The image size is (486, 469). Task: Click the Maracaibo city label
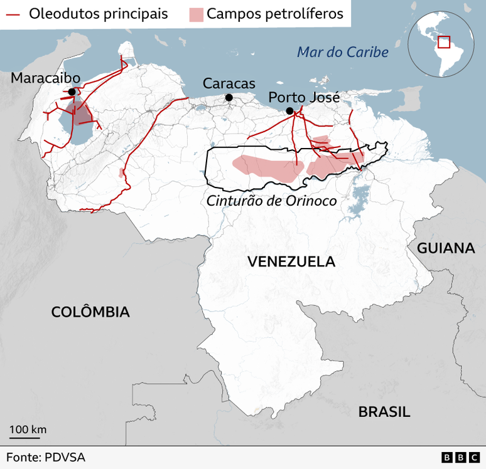pyautogui.click(x=45, y=78)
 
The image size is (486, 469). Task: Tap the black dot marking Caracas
pyautogui.click(x=229, y=97)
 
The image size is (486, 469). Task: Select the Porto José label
pyautogui.click(x=304, y=97)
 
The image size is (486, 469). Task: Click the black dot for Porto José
pyautogui.click(x=289, y=111)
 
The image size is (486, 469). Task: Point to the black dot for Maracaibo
pyautogui.click(x=72, y=92)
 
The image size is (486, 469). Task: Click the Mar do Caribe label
pyautogui.click(x=343, y=51)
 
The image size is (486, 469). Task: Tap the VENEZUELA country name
pyautogui.click(x=291, y=261)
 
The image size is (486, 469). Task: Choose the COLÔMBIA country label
pyautogui.click(x=90, y=312)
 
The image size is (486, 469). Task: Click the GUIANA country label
pyautogui.click(x=446, y=248)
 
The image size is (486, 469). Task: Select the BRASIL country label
pyautogui.click(x=384, y=412)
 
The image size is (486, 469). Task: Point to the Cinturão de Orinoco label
pyautogui.click(x=271, y=201)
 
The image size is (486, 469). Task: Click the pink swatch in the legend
pyautogui.click(x=197, y=14)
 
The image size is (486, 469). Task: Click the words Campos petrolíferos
pyautogui.click(x=275, y=14)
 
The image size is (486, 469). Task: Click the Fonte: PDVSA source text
pyautogui.click(x=46, y=458)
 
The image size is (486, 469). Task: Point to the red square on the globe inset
pyautogui.click(x=445, y=42)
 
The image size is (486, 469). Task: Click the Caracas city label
pyautogui.click(x=229, y=83)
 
